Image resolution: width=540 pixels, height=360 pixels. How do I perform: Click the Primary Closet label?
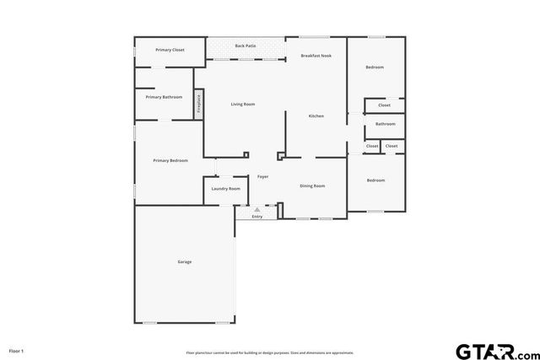(170, 50)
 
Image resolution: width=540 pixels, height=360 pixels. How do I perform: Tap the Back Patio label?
(246, 46)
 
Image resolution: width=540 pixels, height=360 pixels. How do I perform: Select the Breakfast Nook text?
(316, 56)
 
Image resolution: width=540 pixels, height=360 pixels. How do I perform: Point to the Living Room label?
(243, 104)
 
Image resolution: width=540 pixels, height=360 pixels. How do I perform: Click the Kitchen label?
(316, 116)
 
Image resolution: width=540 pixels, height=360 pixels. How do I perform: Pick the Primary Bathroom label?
(164, 97)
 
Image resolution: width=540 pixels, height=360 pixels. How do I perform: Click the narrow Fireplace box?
(199, 103)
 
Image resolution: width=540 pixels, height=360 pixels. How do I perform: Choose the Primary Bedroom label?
(170, 160)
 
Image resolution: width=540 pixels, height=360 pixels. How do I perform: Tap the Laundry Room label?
(225, 188)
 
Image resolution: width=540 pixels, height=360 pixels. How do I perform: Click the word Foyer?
(263, 176)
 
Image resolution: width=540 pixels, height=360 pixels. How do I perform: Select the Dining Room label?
(312, 185)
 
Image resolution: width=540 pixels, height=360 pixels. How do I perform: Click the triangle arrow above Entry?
(257, 209)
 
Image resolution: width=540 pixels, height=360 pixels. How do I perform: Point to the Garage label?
(184, 261)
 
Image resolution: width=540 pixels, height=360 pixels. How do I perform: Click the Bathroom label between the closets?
(386, 124)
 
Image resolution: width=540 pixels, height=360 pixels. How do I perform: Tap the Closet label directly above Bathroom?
(384, 105)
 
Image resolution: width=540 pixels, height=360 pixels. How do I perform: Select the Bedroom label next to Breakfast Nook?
(375, 67)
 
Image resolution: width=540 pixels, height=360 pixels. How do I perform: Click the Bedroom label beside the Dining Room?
(375, 180)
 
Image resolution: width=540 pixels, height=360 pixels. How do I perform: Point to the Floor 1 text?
(17, 350)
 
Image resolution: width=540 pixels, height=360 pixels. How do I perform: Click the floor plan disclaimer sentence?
(270, 352)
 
